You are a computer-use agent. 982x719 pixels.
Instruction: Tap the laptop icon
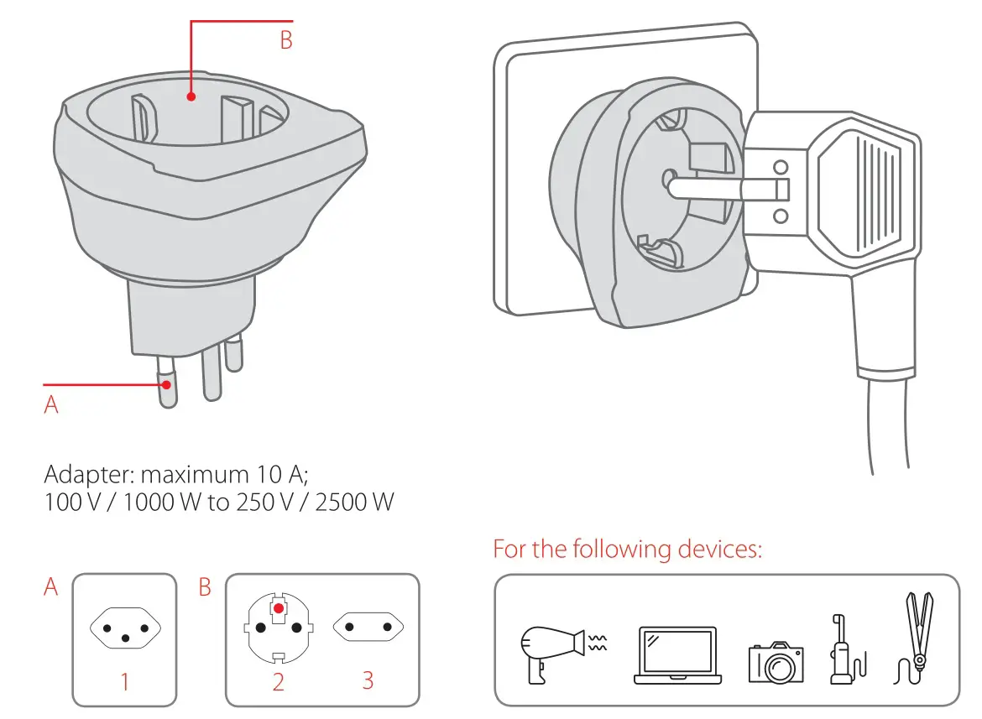click(676, 655)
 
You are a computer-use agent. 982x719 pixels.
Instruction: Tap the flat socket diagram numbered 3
click(368, 626)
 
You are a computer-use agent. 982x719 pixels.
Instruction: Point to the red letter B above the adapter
click(286, 40)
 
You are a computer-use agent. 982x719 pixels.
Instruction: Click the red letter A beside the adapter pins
click(51, 404)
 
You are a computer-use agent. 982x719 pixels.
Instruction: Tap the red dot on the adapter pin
click(168, 385)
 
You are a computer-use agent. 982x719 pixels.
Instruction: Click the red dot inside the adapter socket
click(191, 96)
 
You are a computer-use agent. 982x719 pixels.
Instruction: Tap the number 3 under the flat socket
click(368, 680)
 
